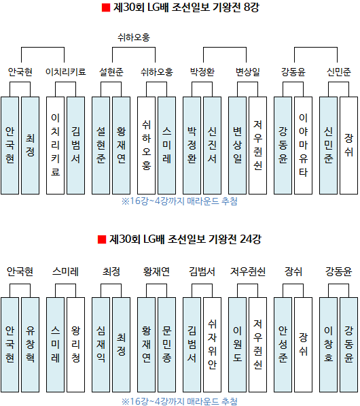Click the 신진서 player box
point(213,146)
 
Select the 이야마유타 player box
point(304,146)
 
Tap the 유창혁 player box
point(31,345)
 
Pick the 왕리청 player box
point(76,345)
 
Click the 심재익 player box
point(101,345)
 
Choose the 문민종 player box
point(167,345)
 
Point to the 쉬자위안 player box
point(213,345)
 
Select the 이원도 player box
point(238,345)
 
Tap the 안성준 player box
point(283,345)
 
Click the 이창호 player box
point(329,345)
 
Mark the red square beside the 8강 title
point(106,7)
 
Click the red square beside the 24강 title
point(102,239)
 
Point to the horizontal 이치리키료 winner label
point(66,71)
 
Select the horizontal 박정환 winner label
point(202,71)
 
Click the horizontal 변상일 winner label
point(248,71)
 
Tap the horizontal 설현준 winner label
point(111,71)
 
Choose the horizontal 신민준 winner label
point(339,71)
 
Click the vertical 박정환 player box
point(192,146)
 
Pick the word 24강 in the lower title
point(251,239)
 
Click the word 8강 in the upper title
point(251,7)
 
